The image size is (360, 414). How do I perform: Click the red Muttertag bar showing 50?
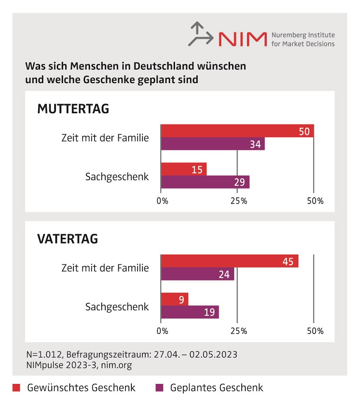tap(237, 131)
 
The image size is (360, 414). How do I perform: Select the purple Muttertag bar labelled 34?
tap(212, 144)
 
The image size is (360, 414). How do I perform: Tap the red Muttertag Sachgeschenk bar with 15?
tap(184, 169)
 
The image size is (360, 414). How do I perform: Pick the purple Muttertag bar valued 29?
tap(205, 182)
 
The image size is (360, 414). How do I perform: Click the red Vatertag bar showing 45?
tap(229, 261)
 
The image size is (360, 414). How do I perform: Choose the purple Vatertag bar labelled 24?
tap(198, 274)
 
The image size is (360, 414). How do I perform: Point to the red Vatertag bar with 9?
tap(175, 299)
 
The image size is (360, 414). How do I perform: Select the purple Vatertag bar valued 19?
tap(190, 312)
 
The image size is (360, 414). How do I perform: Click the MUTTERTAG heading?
tap(73, 109)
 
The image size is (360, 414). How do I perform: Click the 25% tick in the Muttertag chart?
tap(238, 201)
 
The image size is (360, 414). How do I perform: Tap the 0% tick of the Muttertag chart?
tap(162, 201)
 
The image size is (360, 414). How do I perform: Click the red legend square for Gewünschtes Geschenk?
tap(16, 387)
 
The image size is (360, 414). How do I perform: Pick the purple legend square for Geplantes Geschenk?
tap(158, 387)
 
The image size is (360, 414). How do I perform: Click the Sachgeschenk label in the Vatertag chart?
tap(117, 307)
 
